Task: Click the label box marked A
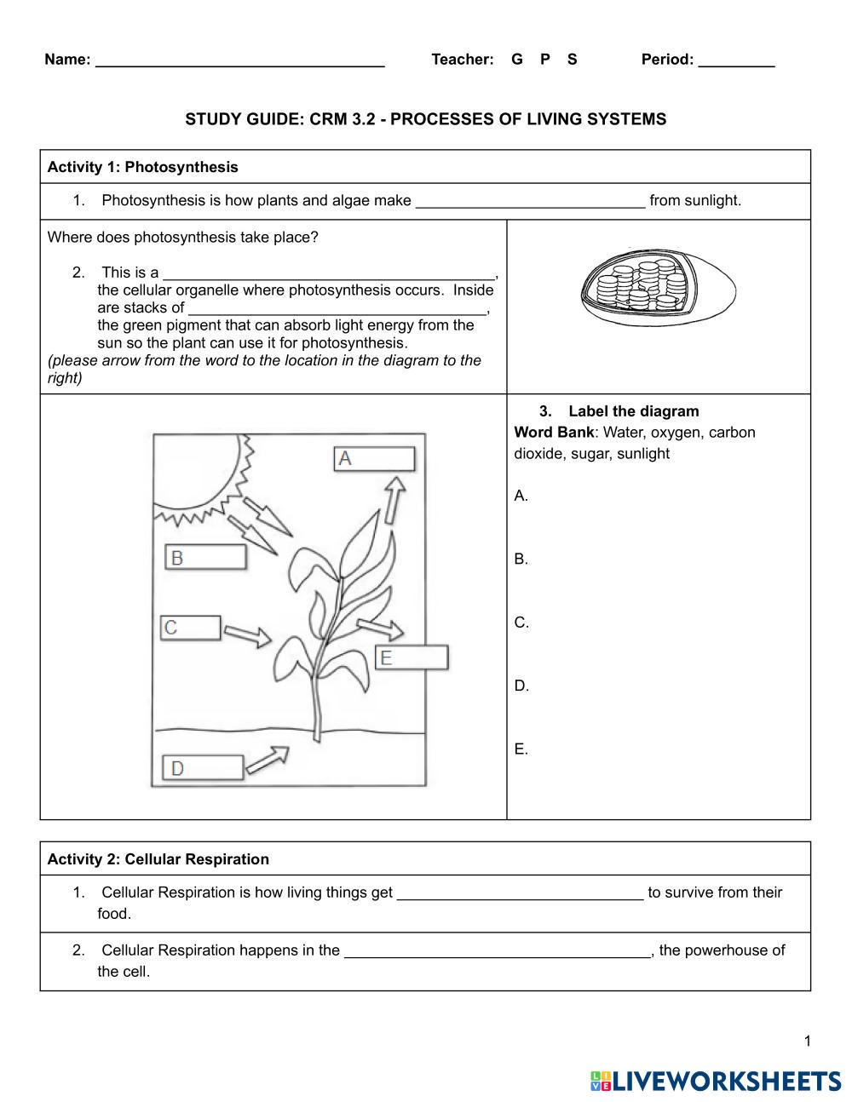[374, 459]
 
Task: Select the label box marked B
[205, 558]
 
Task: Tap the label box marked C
[191, 628]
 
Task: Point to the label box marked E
[412, 657]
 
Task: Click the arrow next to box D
[268, 760]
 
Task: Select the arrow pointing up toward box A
[394, 499]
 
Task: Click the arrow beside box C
[248, 635]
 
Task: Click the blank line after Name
[239, 60]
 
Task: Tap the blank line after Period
[736, 60]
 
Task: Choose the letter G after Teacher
[516, 60]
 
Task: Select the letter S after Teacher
[572, 60]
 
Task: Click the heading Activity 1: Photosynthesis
[143, 167]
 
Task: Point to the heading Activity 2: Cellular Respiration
[158, 859]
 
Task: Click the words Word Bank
[554, 433]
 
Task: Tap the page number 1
[807, 1041]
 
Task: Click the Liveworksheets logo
[716, 1081]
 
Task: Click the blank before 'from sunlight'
[530, 202]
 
